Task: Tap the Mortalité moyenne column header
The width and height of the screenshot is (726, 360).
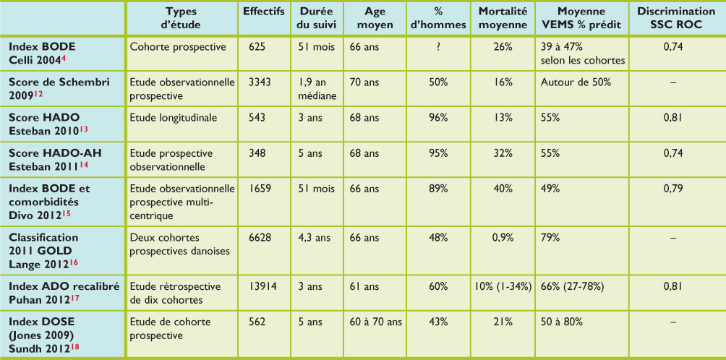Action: (x=503, y=17)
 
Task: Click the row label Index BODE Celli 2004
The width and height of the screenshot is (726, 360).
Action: (x=42, y=53)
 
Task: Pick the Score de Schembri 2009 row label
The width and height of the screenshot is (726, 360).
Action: (x=59, y=88)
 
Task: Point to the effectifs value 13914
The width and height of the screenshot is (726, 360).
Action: (x=265, y=287)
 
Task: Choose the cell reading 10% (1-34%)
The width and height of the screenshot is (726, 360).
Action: (x=503, y=287)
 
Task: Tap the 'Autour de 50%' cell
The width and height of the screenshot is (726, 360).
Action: (x=576, y=82)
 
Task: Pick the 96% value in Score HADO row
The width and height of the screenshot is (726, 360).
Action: (x=438, y=117)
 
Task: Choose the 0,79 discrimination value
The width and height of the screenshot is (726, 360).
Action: (x=673, y=188)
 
